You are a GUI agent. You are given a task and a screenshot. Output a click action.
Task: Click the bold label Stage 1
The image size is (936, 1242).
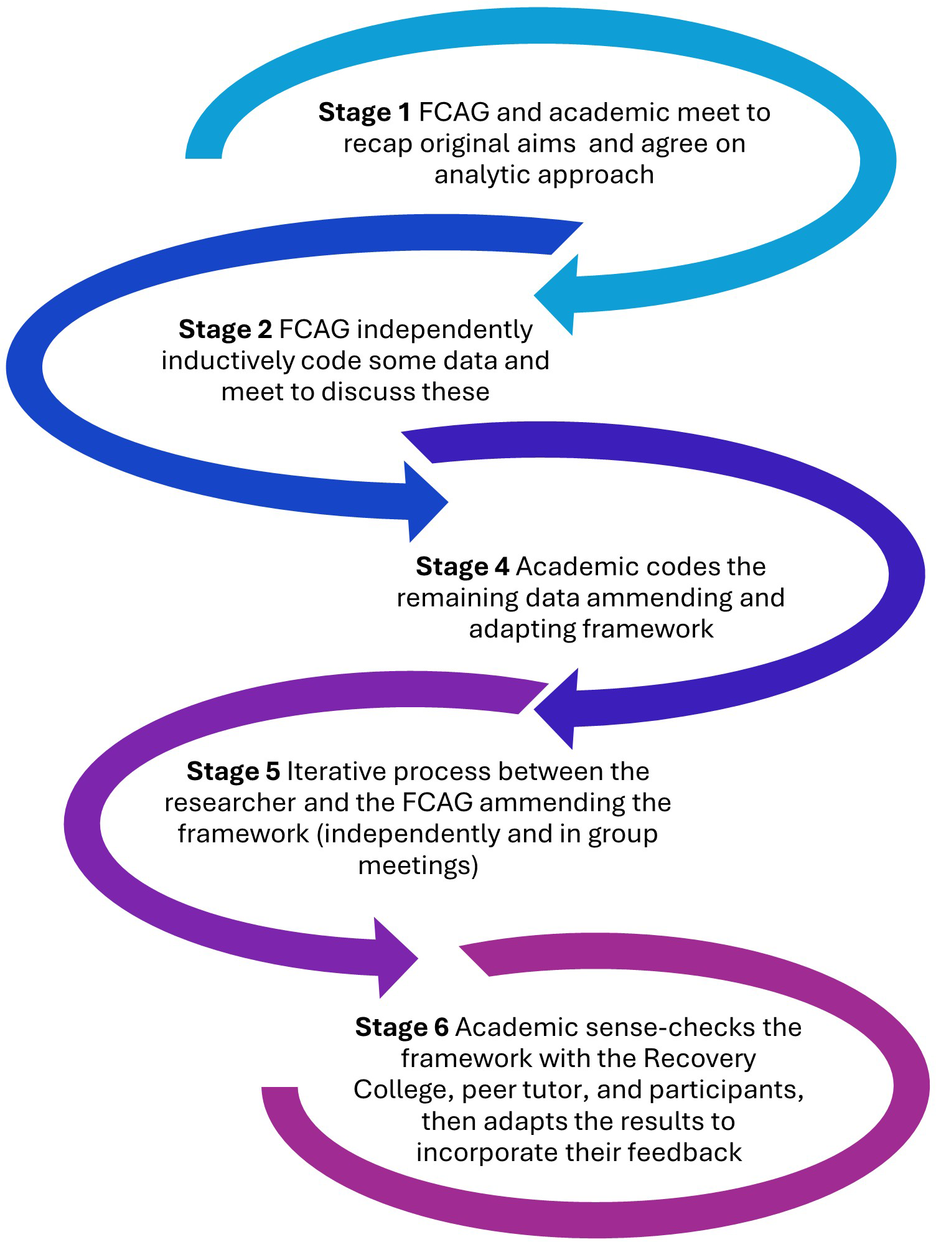(x=364, y=113)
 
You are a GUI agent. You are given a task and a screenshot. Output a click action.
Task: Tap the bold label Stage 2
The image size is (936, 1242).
(x=225, y=329)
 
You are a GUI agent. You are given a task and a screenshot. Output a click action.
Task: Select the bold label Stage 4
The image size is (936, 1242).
(x=462, y=567)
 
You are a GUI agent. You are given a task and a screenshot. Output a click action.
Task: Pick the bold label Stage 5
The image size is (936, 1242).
(x=233, y=771)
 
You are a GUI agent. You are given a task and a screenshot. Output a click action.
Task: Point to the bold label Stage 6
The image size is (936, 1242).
(x=401, y=1027)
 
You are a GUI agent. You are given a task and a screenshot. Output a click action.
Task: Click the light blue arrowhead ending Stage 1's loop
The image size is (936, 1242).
(x=557, y=294)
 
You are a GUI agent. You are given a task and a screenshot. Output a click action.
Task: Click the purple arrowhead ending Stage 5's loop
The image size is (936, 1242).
(x=396, y=957)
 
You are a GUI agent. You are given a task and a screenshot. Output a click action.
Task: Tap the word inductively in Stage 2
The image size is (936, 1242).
(x=227, y=361)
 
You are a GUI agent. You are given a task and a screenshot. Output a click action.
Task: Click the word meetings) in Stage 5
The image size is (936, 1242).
(x=418, y=866)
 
